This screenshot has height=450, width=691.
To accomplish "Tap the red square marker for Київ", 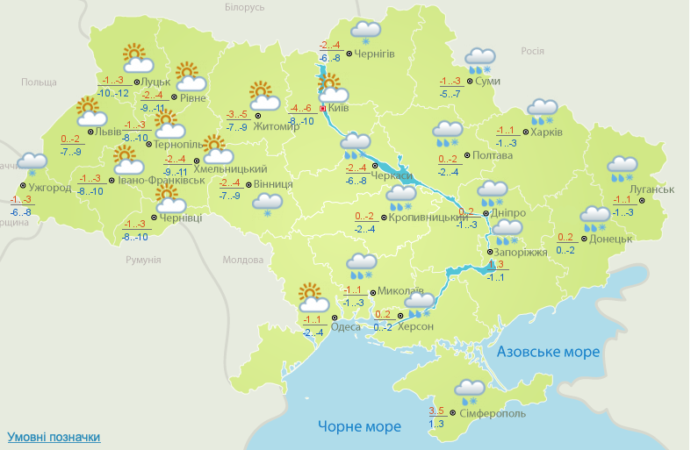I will pos(323,109).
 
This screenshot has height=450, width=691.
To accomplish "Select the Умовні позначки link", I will pos(54,436).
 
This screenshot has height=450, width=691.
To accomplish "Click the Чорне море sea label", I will pos(359,426).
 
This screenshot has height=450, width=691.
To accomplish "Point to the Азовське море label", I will pos(548,352).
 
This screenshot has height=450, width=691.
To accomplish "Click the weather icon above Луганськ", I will pos(623,168).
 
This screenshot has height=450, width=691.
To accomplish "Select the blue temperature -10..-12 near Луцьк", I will pos(113,93).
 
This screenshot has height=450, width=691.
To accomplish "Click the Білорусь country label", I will pos(244,8).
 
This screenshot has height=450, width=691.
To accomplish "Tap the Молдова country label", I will pos(243,261).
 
